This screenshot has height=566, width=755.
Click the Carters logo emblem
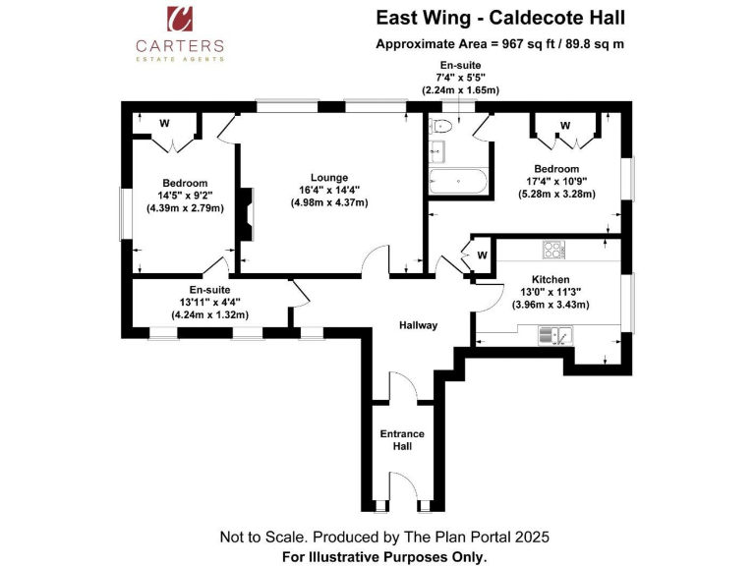click(x=180, y=20)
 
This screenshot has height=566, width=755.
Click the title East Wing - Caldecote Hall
click(x=500, y=18)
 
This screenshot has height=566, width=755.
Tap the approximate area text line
click(x=500, y=44)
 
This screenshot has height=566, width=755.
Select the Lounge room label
click(x=324, y=176)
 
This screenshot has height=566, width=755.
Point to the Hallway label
click(x=418, y=325)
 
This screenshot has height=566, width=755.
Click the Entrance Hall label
click(x=402, y=439)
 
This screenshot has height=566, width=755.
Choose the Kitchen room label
click(x=551, y=279)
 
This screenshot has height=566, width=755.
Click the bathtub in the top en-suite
click(x=457, y=182)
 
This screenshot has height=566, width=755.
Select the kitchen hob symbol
click(x=554, y=250)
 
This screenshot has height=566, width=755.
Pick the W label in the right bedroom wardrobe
click(x=565, y=125)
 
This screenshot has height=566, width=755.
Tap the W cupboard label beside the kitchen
click(x=482, y=255)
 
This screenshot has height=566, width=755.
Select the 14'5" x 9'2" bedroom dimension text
click(x=185, y=196)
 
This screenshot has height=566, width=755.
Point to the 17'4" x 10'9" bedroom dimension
click(x=557, y=181)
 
